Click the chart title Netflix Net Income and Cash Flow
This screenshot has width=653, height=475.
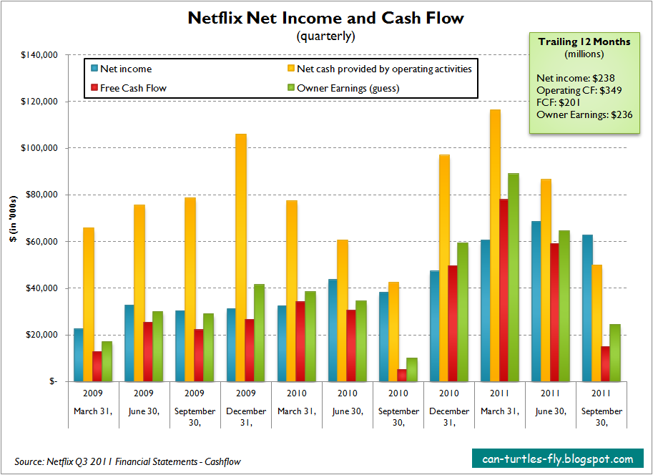(325, 17)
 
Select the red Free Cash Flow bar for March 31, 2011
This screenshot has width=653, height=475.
(504, 290)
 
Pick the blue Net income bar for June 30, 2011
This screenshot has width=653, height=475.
(536, 301)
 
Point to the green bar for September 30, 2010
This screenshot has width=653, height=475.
(411, 369)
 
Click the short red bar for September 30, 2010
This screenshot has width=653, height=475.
(402, 375)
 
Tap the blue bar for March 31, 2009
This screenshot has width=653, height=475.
(78, 355)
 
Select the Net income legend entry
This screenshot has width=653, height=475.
(125, 69)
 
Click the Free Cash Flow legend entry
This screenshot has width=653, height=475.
(133, 88)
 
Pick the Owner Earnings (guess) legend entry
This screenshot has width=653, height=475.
(348, 88)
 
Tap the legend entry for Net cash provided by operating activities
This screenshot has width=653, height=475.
(383, 69)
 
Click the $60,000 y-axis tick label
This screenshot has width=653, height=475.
(43, 241)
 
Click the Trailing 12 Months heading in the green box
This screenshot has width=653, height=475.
(584, 41)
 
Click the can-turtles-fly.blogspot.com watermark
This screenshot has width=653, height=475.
(557, 459)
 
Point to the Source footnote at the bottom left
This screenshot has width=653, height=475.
(128, 461)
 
